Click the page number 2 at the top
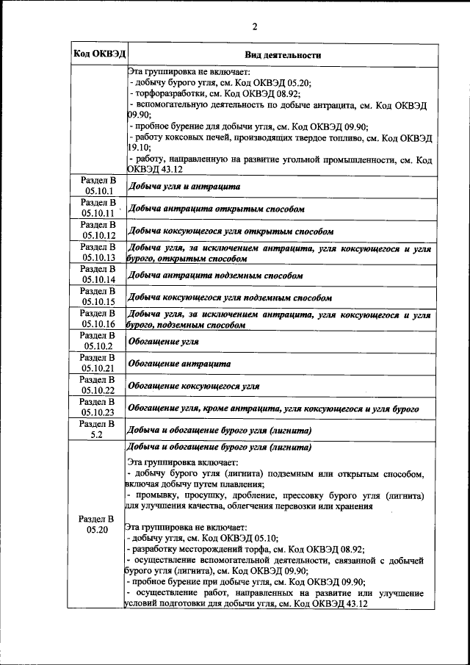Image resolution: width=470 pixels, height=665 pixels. tap(254, 28)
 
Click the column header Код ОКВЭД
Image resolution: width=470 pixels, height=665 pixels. tap(98, 54)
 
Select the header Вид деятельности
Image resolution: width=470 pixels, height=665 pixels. tap(283, 55)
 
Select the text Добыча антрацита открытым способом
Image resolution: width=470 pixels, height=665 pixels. tap(217, 209)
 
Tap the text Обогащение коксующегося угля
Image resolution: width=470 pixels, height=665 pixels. tap(194, 386)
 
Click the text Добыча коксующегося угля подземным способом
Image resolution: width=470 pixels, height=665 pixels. tap(230, 298)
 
